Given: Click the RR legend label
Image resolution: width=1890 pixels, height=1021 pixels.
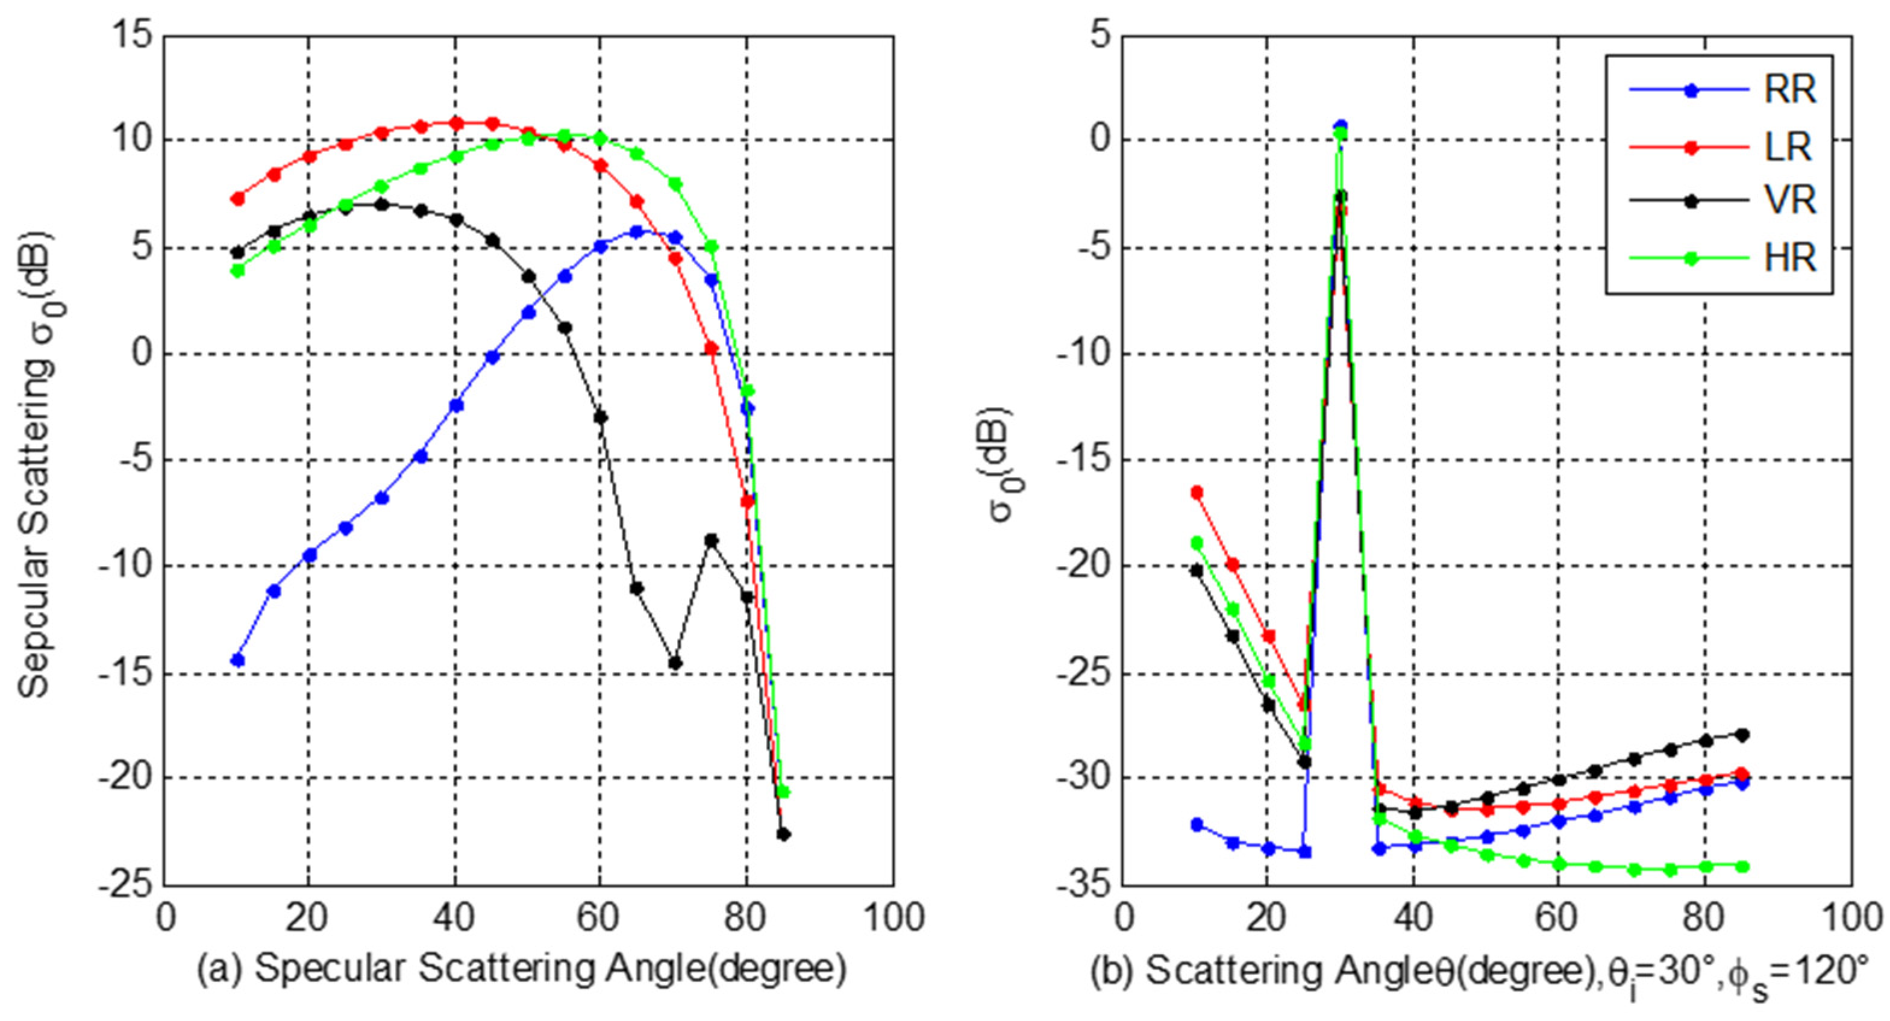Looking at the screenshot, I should coord(1790,91).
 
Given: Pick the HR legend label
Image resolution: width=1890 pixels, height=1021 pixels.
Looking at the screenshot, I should coord(1790,258).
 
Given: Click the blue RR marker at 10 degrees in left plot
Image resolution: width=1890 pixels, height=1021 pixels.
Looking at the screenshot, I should coord(237,660).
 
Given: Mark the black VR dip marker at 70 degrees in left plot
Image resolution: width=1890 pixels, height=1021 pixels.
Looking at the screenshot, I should coord(675,663).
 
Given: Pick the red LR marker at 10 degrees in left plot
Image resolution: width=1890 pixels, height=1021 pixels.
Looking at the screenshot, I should coord(237,199).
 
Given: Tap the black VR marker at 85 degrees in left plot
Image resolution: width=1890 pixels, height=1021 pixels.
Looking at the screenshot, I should coord(784,834).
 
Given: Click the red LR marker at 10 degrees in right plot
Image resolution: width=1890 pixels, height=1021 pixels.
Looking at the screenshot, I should coord(1197,492).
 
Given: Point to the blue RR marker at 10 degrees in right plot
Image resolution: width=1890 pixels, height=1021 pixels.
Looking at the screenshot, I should coord(1197,825).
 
